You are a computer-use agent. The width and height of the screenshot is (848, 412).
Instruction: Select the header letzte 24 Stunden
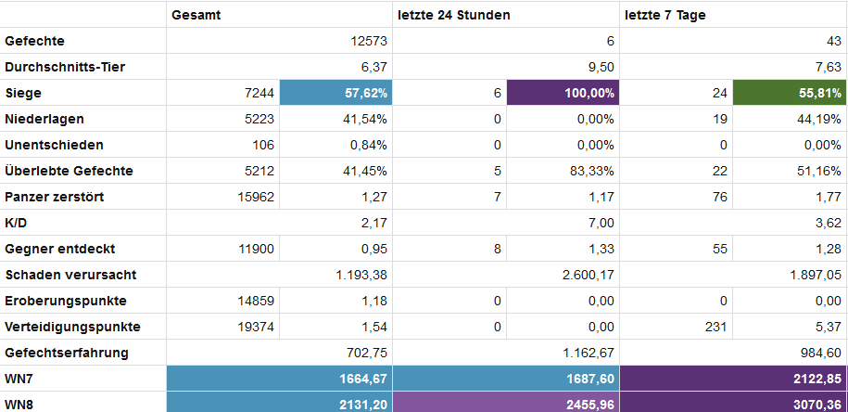pyautogui.click(x=454, y=15)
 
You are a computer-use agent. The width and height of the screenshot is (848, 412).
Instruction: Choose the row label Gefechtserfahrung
pyautogui.click(x=67, y=353)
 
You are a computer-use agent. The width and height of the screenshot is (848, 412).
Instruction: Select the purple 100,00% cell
pyautogui.click(x=561, y=93)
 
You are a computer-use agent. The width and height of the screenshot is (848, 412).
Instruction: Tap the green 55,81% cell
pyautogui.click(x=789, y=93)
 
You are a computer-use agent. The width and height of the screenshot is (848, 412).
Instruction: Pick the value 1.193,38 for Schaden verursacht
pyautogui.click(x=358, y=275)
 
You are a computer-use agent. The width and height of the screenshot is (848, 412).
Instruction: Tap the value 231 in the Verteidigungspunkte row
pyautogui.click(x=711, y=327)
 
